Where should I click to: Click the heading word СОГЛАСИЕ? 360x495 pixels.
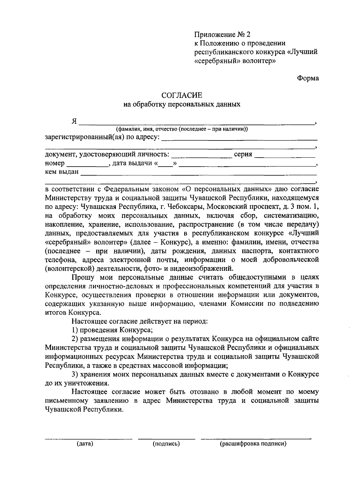click(182, 95)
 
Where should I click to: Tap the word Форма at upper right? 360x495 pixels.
click(308, 78)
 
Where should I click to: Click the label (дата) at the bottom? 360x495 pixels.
click(85, 444)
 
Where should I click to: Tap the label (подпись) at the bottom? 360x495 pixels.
click(166, 444)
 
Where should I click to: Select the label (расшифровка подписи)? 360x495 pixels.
click(253, 444)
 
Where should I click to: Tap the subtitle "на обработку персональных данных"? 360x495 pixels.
click(182, 104)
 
